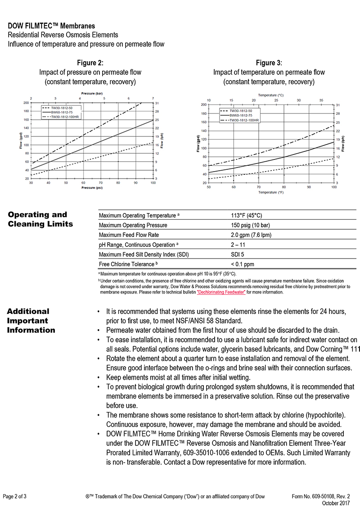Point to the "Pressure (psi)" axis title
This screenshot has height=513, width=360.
(x=91, y=188)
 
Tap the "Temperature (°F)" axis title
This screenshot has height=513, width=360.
(x=271, y=192)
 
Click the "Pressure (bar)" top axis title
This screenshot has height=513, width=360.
(x=92, y=93)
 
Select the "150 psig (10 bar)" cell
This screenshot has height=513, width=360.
(x=250, y=225)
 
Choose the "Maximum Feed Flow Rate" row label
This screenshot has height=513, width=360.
(x=129, y=235)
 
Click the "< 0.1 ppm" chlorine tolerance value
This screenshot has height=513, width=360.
(x=243, y=264)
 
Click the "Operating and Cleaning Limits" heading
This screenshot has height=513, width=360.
(x=37, y=219)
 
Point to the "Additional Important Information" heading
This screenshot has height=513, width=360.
(x=31, y=321)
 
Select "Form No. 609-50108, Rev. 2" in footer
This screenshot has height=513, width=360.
(x=321, y=496)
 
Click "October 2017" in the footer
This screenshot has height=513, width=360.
(x=336, y=503)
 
